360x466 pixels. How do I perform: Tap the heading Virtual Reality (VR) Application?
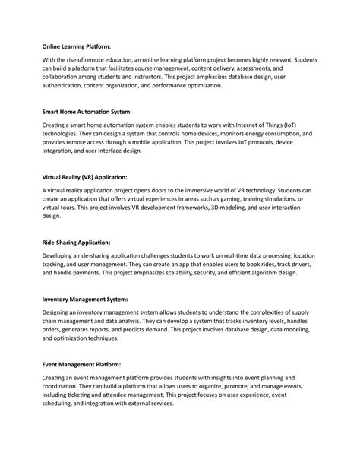[85, 176]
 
